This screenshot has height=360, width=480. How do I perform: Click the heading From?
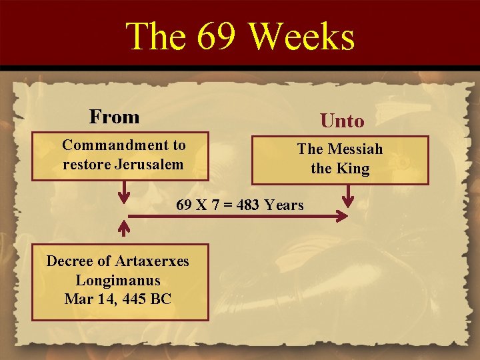click(x=114, y=117)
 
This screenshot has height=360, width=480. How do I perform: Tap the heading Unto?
click(x=342, y=121)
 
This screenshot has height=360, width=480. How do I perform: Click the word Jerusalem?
click(x=149, y=164)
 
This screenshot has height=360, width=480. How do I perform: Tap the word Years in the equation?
click(x=284, y=205)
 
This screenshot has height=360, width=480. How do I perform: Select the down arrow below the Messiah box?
click(x=348, y=196)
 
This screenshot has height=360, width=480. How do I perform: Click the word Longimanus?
click(x=118, y=280)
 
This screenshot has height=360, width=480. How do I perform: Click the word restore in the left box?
click(x=85, y=164)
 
